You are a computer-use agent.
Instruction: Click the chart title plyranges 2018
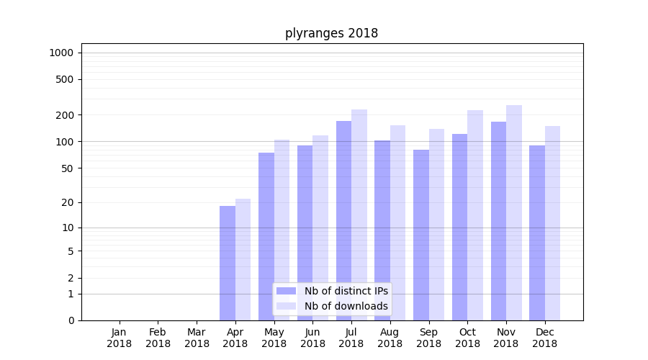(331, 33)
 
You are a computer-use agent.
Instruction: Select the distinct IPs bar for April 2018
(228, 263)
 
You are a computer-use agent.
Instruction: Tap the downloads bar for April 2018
(243, 259)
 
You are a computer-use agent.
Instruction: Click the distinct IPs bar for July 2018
(343, 220)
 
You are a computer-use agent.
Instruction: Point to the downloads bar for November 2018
(514, 212)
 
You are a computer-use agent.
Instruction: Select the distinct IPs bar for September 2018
(421, 235)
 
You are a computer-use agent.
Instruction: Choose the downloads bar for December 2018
(553, 223)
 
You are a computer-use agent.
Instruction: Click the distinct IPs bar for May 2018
(266, 236)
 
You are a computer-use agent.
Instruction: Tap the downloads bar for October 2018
(475, 215)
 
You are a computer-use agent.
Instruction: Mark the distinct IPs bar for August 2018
(382, 230)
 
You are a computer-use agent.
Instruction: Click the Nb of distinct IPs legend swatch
(287, 291)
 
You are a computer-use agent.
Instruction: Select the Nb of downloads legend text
(346, 306)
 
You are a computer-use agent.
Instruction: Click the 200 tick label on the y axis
(66, 115)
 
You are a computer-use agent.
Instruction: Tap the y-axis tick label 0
(71, 320)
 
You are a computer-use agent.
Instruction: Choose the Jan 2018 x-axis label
(120, 338)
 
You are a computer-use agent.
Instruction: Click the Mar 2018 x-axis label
(197, 338)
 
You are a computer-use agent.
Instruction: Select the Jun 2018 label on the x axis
(312, 338)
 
